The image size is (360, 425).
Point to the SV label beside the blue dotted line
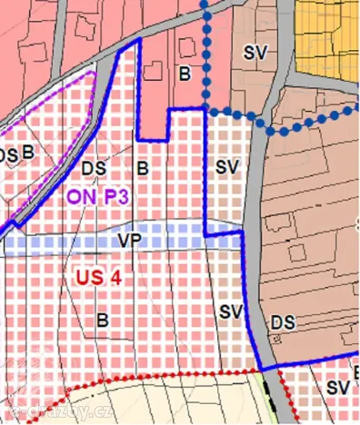(x=255, y=52)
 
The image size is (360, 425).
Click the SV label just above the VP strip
(x=226, y=167)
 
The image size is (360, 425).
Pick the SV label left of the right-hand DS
(x=231, y=311)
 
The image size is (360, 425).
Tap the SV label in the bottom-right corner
(x=338, y=388)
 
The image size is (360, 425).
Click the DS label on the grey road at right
(x=282, y=322)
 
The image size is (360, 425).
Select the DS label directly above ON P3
(x=93, y=168)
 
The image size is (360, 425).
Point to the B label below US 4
(x=103, y=320)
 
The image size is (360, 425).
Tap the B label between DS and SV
(x=143, y=168)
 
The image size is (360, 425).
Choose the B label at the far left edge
(x=28, y=153)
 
